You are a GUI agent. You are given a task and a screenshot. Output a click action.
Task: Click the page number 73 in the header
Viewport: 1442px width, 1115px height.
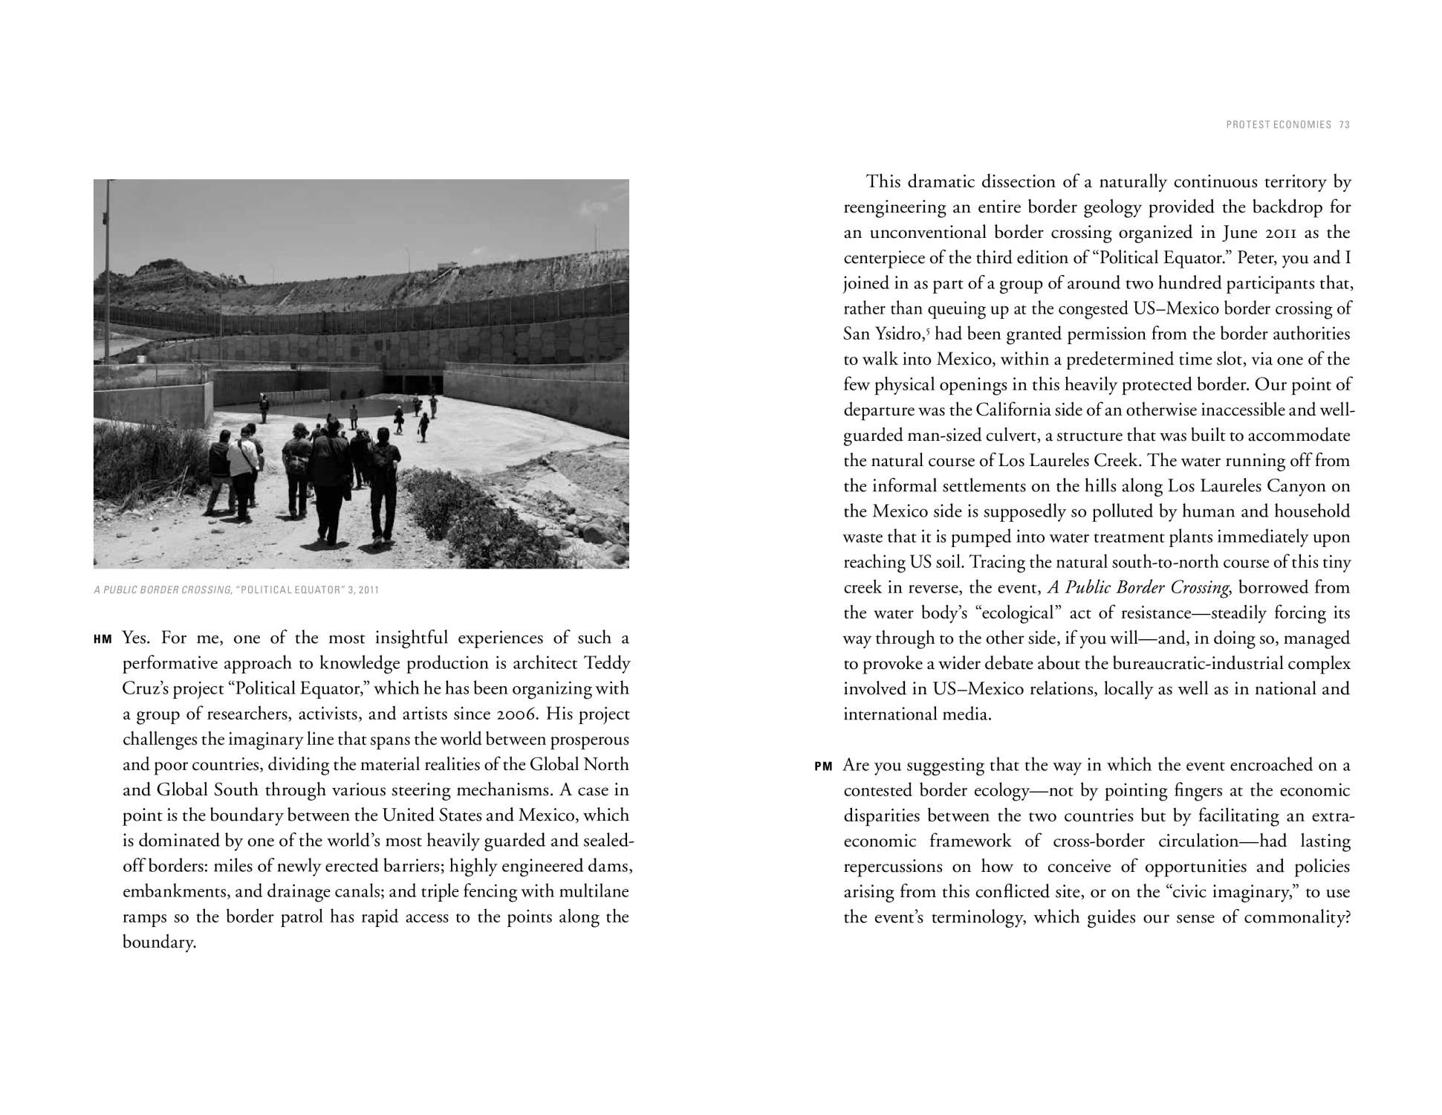tap(1345, 125)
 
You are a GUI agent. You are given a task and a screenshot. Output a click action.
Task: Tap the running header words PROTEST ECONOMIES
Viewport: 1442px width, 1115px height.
tap(1279, 125)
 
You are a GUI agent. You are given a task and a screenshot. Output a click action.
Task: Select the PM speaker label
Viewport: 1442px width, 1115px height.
tap(823, 766)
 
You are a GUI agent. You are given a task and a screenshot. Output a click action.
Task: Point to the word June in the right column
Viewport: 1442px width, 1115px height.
tap(1239, 232)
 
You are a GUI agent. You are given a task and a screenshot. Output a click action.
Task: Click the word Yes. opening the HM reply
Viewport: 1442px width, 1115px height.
tap(136, 638)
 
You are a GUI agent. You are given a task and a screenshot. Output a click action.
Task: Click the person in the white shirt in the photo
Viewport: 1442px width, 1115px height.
tap(242, 465)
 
